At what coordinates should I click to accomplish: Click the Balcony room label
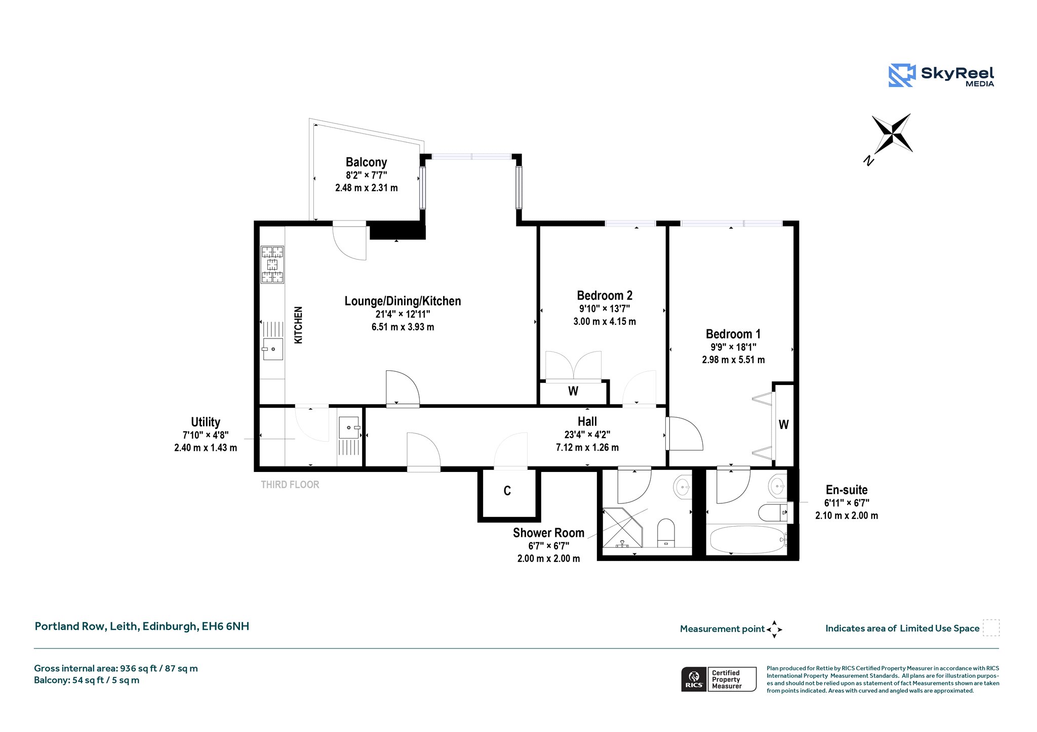pos(366,162)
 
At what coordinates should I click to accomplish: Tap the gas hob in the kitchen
pos(272,264)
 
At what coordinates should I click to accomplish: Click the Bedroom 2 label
pos(605,295)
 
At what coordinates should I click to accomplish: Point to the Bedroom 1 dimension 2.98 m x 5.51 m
pos(733,360)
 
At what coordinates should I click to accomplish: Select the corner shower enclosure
pos(622,528)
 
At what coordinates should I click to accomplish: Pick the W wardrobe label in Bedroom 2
pos(573,391)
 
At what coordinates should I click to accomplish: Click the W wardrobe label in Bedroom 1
pos(784,424)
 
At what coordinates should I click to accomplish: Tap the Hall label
pos(587,421)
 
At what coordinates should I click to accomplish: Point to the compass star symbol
pos(892,134)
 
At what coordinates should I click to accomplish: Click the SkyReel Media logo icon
pos(902,75)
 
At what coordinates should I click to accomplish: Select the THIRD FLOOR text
pos(290,485)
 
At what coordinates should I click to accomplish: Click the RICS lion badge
pos(694,679)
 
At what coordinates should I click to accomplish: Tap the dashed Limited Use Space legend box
pos(991,628)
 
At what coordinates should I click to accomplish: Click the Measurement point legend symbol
pos(774,629)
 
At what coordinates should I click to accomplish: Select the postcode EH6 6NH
pos(225,626)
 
